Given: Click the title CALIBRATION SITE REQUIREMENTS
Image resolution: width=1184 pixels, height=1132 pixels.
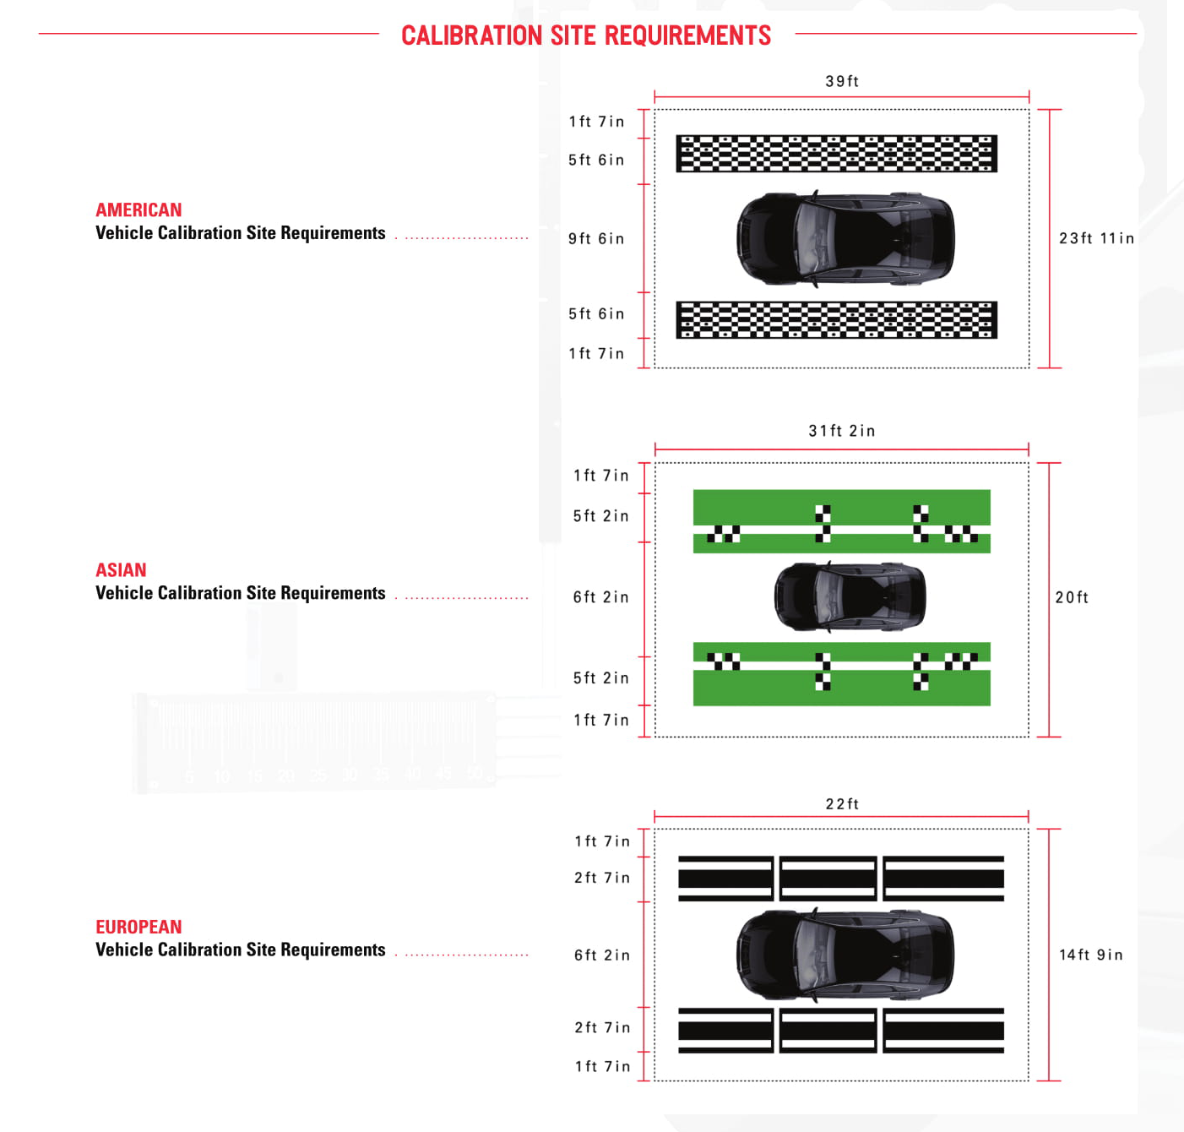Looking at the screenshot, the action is pos(586,35).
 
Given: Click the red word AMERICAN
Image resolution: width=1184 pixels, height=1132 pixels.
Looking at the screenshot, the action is pos(138,210).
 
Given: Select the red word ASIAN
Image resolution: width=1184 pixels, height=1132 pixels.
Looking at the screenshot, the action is pos(121,569).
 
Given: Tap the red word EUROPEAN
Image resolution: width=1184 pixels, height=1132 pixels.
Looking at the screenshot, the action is pos(138,926).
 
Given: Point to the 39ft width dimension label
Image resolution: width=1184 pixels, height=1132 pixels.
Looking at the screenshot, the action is pos(841,81).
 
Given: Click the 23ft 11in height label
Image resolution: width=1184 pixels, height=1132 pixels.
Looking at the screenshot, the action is pos(1096,238).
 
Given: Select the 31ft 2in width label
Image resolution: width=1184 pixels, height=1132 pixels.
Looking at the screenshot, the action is pos(841,431).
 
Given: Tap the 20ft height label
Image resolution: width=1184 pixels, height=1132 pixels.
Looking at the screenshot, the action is pos(1072,597).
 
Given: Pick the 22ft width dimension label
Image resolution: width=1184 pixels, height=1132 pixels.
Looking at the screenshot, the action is pos(841,804).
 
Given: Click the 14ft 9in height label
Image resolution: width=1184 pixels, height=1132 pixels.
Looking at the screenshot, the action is pos(1090,955).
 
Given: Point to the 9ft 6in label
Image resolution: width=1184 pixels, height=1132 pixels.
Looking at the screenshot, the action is pos(596,238).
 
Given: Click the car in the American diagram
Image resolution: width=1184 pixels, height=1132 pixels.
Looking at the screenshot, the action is pos(845,238).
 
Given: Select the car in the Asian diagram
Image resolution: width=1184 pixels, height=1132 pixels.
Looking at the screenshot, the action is pos(850,596).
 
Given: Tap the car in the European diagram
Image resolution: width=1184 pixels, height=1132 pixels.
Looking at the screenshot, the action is pos(845,955).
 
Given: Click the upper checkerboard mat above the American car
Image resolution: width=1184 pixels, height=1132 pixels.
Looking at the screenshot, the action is pos(837,154).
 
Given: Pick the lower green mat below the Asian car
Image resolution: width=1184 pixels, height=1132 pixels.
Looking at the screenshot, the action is pos(841,674).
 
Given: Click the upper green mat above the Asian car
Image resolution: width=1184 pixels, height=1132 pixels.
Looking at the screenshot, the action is pos(841,521).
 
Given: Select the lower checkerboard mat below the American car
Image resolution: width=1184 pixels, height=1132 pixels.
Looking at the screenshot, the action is pos(837,319).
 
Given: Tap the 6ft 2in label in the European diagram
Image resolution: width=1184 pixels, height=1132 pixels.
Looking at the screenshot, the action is pos(602,955).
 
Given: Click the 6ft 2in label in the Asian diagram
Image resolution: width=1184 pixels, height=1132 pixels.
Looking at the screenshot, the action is pos(600,597).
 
